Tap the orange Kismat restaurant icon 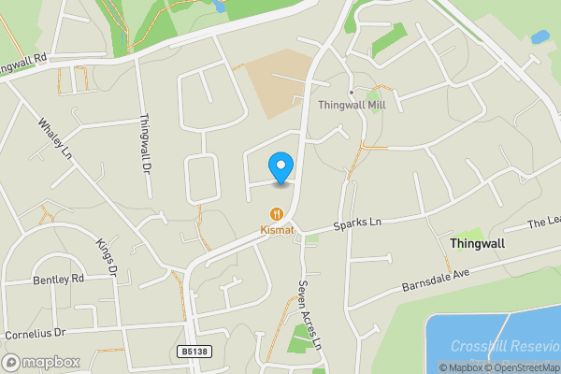[277, 213]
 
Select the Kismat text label [277, 228]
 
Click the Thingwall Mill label [352, 106]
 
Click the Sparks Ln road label [359, 226]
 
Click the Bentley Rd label [58, 279]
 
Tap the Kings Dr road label [106, 257]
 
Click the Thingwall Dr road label [144, 142]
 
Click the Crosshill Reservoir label [504, 346]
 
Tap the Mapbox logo [41, 362]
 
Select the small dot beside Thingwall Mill [351, 93]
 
